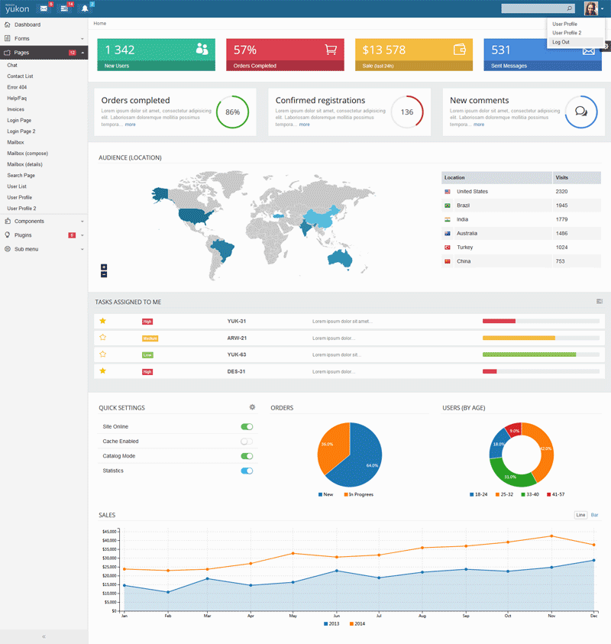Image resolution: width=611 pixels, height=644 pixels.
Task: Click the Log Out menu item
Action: click(561, 42)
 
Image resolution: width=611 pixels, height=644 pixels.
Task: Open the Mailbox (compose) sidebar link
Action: click(27, 154)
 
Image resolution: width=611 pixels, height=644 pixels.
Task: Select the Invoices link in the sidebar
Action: click(15, 109)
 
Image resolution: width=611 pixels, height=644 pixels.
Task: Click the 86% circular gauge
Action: click(232, 112)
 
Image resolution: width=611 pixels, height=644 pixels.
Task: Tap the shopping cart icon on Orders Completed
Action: click(331, 50)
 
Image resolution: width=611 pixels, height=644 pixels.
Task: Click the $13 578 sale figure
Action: click(384, 50)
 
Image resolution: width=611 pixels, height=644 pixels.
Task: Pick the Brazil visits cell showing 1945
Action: click(561, 205)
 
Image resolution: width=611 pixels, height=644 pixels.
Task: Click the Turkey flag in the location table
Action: click(447, 248)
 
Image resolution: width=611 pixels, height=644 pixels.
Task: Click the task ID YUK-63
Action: click(237, 354)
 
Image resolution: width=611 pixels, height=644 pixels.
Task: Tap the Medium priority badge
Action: click(150, 338)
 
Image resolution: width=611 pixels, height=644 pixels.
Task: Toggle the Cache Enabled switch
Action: click(247, 442)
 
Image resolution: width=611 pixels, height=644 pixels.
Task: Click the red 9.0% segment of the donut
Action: click(514, 432)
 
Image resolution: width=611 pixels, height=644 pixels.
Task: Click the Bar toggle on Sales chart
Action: click(594, 515)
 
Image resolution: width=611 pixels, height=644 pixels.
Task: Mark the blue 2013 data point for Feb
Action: click(167, 592)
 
